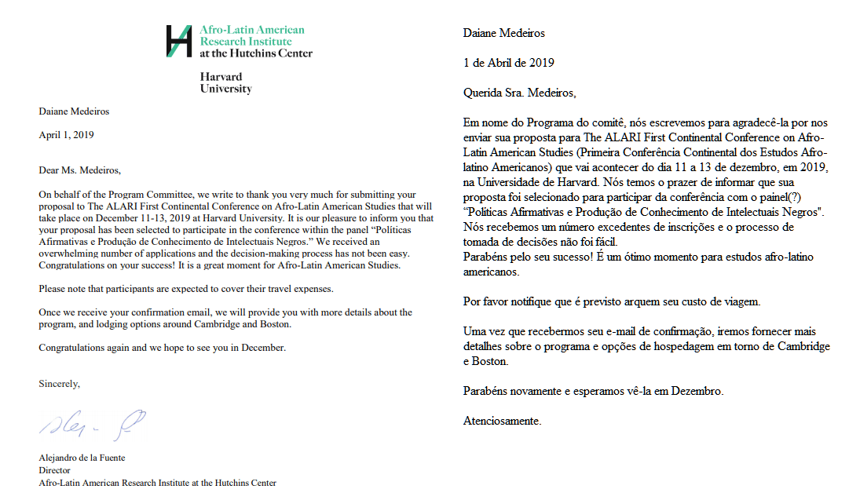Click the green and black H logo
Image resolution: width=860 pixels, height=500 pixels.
click(x=179, y=41)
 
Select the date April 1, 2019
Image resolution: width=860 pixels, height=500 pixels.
click(x=67, y=135)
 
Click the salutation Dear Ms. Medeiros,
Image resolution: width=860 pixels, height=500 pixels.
click(x=80, y=170)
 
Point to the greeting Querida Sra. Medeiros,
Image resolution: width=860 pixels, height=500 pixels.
click(x=519, y=93)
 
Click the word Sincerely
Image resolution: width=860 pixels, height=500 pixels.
click(x=59, y=383)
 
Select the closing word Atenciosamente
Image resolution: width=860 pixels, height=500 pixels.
click(x=502, y=421)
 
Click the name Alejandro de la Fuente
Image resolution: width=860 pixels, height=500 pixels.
click(x=82, y=458)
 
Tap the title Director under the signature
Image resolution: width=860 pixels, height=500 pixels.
click(x=55, y=470)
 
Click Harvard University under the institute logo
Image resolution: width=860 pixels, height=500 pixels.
click(x=225, y=82)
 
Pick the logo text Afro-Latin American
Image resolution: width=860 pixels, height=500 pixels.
click(x=251, y=30)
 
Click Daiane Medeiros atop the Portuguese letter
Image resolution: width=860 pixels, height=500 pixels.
click(x=503, y=33)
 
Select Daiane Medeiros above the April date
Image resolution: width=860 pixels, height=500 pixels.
click(x=74, y=111)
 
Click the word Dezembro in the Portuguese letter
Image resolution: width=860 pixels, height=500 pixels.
click(x=694, y=391)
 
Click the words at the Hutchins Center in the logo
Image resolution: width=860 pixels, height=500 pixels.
click(x=256, y=53)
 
